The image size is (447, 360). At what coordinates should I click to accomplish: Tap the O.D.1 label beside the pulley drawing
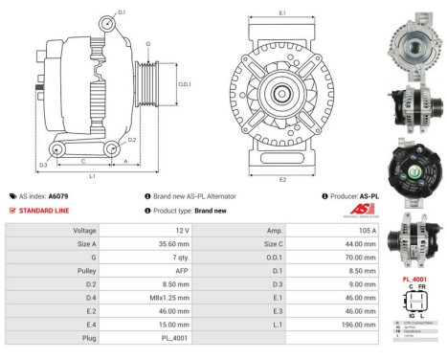185,83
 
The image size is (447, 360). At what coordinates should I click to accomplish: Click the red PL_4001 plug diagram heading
416,279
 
